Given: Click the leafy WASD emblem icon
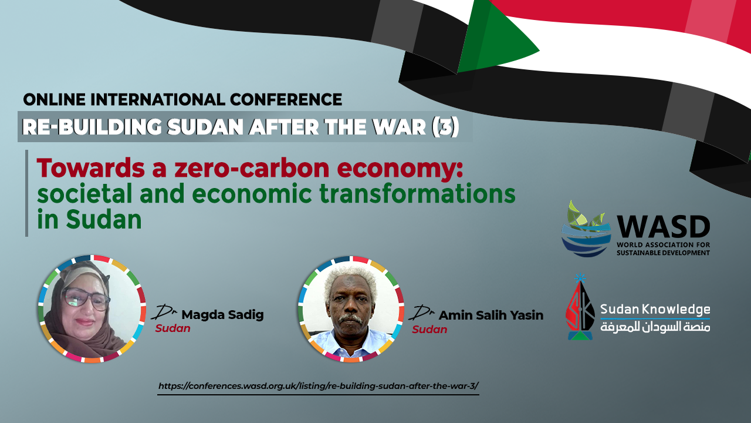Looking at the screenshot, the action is [586, 229].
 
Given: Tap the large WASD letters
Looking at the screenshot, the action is [663, 227].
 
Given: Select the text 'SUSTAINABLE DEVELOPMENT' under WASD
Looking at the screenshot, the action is [663, 253].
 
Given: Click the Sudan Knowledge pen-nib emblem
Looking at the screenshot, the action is [580, 307].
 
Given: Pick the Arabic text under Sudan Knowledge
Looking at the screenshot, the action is [655, 327].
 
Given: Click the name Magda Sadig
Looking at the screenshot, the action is [222, 315].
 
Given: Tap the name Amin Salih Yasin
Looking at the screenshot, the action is [491, 315].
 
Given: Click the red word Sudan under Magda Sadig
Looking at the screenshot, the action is [172, 328].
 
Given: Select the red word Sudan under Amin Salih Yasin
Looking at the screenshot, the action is [429, 330].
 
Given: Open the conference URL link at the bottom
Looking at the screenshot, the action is [318, 386].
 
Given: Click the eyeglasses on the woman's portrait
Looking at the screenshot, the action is [86, 299].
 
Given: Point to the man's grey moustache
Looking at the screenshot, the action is [350, 318].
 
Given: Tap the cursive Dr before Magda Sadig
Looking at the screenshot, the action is [164, 312].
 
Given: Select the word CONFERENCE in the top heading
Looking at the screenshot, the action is [286, 100].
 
